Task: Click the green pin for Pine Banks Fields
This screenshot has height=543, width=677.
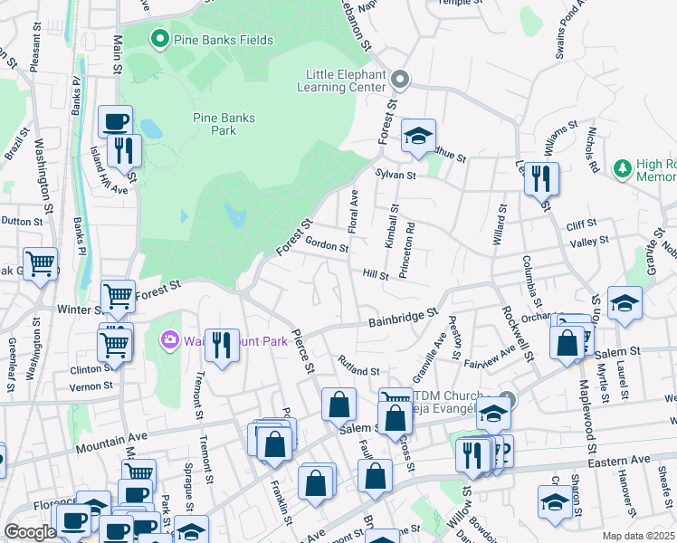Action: [160, 38]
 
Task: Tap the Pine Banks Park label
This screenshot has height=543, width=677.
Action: [224, 124]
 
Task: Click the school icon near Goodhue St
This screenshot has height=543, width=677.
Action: [418, 136]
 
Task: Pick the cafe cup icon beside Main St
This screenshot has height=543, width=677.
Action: [115, 121]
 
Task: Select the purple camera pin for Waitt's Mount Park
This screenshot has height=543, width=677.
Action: [169, 340]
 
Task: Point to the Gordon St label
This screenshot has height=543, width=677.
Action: [327, 245]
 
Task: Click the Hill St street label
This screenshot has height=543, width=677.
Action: [375, 274]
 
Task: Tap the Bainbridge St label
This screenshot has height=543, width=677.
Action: [402, 318]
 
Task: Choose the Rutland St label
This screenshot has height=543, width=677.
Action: [358, 369]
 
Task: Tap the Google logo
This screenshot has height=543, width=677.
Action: [30, 532]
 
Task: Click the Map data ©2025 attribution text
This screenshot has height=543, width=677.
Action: [638, 536]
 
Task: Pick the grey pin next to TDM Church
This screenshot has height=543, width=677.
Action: [507, 399]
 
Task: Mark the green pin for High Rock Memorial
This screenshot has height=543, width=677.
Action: [622, 169]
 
